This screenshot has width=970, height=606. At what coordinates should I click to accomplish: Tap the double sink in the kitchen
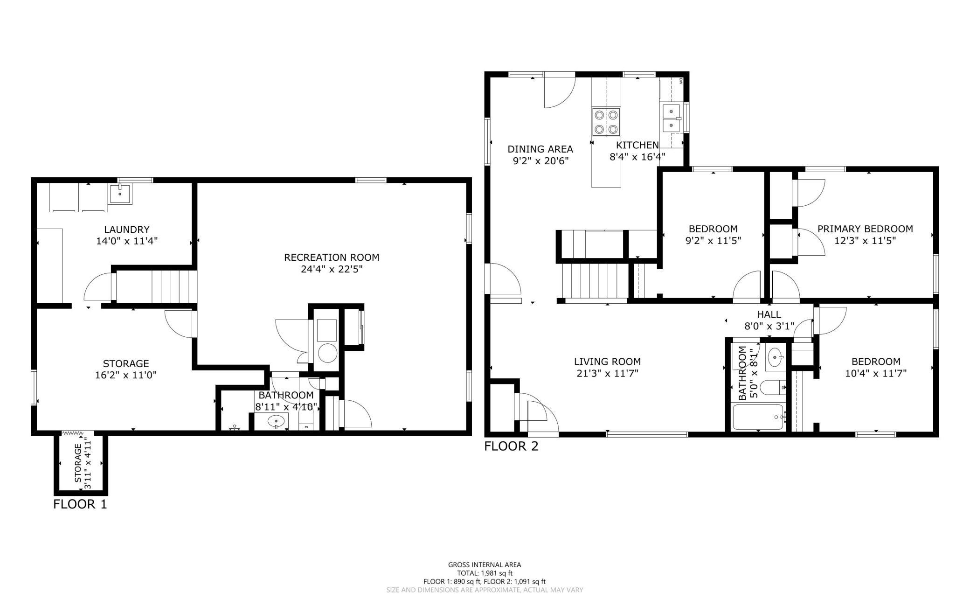(x=671, y=118)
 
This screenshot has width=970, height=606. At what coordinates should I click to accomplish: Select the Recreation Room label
(x=332, y=257)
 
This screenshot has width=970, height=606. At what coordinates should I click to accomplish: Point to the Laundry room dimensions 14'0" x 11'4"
(x=127, y=241)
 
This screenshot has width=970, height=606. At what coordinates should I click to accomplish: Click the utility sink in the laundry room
(x=121, y=194)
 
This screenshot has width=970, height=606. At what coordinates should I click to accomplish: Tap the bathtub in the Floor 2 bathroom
(x=758, y=417)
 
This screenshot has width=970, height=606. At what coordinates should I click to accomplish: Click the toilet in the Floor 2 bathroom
(x=773, y=387)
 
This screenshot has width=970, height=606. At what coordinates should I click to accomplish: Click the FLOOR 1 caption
(x=80, y=504)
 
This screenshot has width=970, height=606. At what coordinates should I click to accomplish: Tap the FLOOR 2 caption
(x=511, y=446)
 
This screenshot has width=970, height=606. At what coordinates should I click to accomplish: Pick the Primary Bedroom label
(x=865, y=229)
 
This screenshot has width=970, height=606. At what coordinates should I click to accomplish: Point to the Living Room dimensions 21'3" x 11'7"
(x=607, y=373)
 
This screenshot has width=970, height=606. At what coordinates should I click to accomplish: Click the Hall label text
(x=769, y=314)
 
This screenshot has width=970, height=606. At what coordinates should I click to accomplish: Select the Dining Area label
(x=540, y=149)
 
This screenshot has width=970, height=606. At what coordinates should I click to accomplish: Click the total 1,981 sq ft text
(x=485, y=573)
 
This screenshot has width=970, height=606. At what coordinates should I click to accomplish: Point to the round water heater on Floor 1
(x=327, y=353)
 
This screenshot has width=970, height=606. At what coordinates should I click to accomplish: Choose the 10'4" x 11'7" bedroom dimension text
(x=876, y=373)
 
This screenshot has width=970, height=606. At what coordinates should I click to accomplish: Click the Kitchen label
(x=637, y=145)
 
